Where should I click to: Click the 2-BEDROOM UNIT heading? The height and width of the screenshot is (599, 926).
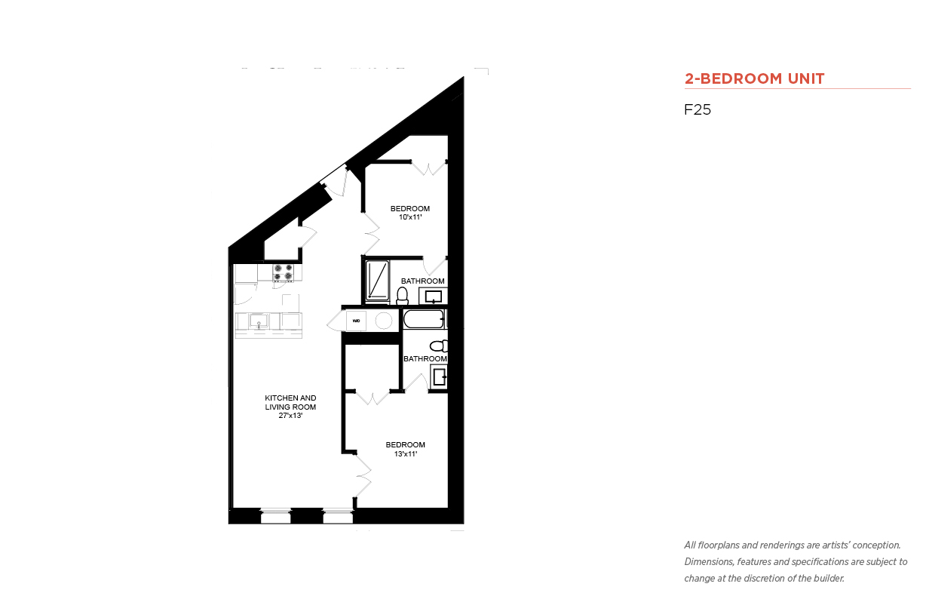(754, 78)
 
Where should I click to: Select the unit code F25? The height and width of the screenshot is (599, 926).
(698, 109)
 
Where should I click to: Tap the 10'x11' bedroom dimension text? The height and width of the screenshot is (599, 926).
(410, 217)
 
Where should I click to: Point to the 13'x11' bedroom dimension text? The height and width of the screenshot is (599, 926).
(406, 454)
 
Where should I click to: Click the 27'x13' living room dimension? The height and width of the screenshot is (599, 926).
(290, 416)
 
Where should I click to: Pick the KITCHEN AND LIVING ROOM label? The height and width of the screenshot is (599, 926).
(290, 402)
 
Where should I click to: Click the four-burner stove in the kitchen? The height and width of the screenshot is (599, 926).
(284, 272)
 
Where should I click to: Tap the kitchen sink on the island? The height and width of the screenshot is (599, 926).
(259, 321)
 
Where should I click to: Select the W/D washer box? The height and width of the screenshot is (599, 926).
(356, 321)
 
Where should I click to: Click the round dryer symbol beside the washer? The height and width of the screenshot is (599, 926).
(384, 321)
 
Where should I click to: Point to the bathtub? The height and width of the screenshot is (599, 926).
(424, 319)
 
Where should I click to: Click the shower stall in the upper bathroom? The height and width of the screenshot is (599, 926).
(378, 280)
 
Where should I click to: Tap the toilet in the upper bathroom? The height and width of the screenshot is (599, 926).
(402, 296)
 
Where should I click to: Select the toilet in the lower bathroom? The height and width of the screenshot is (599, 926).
(439, 346)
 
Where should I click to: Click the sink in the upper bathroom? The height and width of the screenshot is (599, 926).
(434, 296)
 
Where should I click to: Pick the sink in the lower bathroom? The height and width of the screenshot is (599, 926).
(439, 377)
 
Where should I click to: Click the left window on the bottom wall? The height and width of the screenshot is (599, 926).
(276, 516)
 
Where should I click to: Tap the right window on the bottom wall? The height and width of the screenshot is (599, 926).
(338, 516)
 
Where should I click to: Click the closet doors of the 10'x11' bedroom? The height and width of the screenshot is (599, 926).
(429, 167)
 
